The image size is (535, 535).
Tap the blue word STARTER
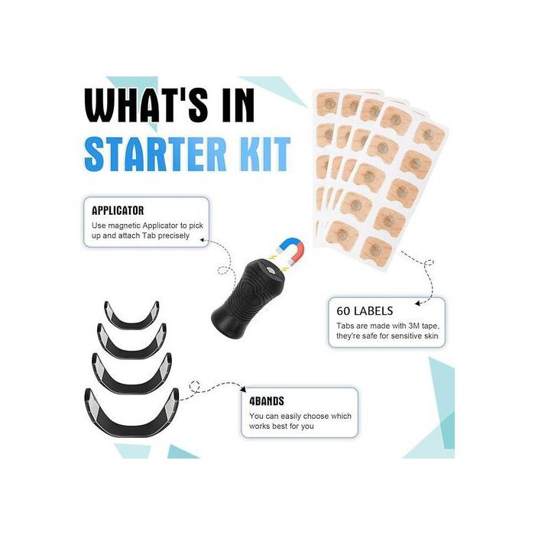coord(155,154)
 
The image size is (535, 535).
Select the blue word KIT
coord(263,154)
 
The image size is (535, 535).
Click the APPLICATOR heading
coord(118,210)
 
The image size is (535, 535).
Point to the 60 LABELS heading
coord(365,311)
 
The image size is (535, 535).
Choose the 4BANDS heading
coord(267,401)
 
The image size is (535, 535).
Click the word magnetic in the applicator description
coord(124,225)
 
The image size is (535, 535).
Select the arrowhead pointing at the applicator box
coord(202,240)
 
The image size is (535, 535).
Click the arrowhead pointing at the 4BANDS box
coord(243,389)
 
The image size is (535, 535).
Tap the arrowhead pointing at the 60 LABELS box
coord(417,303)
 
